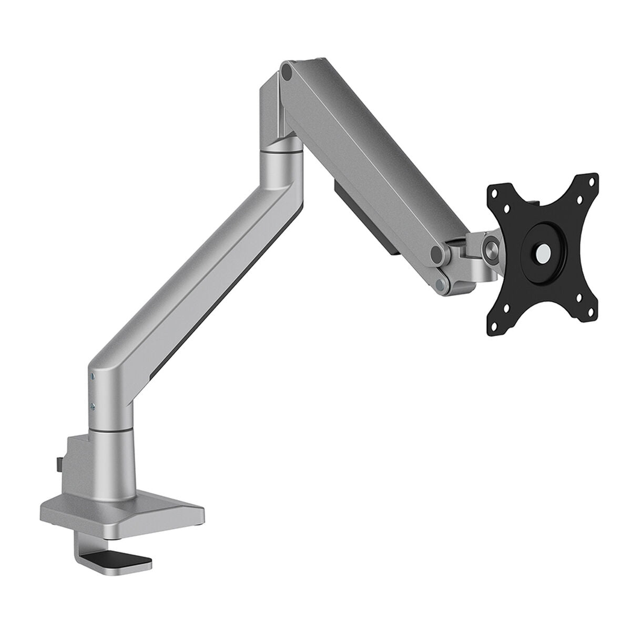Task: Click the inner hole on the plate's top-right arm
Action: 579,200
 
